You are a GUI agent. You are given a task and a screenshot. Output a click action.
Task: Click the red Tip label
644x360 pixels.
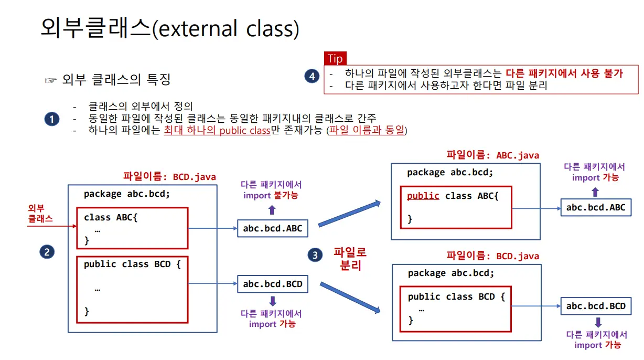pyautogui.click(x=335, y=58)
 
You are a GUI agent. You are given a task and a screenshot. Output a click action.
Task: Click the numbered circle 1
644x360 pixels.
pyautogui.click(x=51, y=120)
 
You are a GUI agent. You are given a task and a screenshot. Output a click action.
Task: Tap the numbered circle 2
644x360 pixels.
pyautogui.click(x=47, y=252)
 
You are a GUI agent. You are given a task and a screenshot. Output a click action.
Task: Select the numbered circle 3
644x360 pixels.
pyautogui.click(x=315, y=256)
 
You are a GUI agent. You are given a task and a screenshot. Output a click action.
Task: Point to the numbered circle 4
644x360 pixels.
pyautogui.click(x=312, y=77)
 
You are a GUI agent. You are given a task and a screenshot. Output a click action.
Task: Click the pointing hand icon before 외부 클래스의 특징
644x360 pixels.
pyautogui.click(x=50, y=80)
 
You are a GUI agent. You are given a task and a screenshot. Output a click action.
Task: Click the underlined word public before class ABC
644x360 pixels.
pyautogui.click(x=423, y=196)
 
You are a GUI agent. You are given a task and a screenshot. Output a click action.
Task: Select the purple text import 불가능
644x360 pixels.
pyautogui.click(x=271, y=196)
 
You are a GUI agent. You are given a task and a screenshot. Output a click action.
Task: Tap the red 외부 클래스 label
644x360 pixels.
pyautogui.click(x=40, y=214)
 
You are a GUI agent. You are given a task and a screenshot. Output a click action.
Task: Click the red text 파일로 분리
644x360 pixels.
pyautogui.click(x=350, y=259)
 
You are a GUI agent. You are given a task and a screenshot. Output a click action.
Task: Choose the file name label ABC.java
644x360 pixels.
pyautogui.click(x=492, y=155)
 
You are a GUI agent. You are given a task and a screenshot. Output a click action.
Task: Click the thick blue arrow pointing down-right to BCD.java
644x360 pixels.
pyautogui.click(x=350, y=298)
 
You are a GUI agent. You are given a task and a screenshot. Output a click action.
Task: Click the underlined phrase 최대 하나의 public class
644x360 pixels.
pyautogui.click(x=217, y=131)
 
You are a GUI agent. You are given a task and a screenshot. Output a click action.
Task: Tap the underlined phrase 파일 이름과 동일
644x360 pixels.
pyautogui.click(x=367, y=131)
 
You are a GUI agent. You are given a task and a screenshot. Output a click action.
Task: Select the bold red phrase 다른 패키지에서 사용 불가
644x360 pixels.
pyautogui.click(x=564, y=73)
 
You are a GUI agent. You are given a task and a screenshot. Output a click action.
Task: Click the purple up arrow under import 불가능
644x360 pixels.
pyautogui.click(x=272, y=210)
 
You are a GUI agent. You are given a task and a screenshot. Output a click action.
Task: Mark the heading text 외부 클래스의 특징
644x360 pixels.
pyautogui.click(x=116, y=80)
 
